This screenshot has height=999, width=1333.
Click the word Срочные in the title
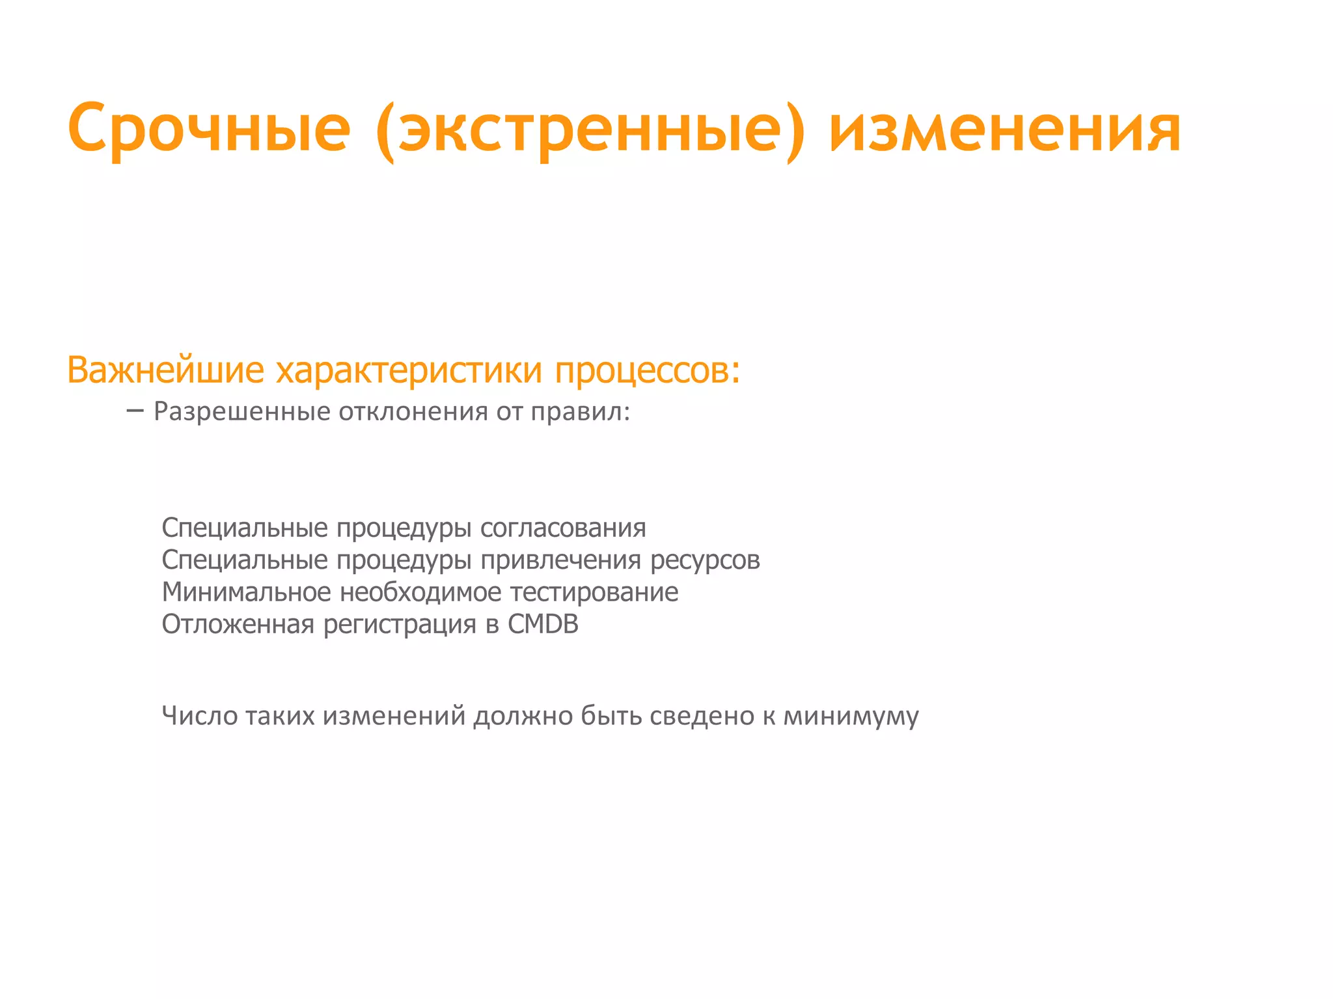pyautogui.click(x=209, y=128)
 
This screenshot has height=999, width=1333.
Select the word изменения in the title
pyautogui.click(x=1005, y=128)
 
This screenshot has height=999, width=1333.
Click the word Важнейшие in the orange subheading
pyautogui.click(x=165, y=370)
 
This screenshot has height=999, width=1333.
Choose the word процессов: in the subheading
pyautogui.click(x=648, y=370)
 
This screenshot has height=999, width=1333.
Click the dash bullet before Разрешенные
pyautogui.click(x=135, y=410)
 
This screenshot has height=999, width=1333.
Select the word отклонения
pyautogui.click(x=413, y=412)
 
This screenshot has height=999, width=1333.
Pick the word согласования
pyautogui.click(x=563, y=528)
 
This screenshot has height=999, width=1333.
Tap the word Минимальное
pyautogui.click(x=247, y=592)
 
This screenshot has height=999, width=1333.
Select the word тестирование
pyautogui.click(x=594, y=592)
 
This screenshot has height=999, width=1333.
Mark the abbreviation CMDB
pyautogui.click(x=543, y=624)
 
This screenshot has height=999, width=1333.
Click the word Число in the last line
pyautogui.click(x=200, y=715)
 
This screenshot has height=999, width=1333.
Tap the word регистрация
pyautogui.click(x=400, y=625)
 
